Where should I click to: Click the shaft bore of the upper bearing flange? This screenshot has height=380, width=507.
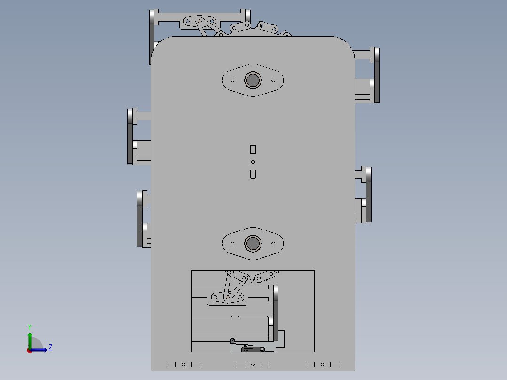click(x=253, y=80)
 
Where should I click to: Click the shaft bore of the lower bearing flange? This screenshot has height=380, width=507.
click(x=253, y=243)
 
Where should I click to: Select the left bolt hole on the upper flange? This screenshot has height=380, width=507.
click(x=233, y=80)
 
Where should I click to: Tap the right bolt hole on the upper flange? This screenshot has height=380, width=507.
click(x=273, y=80)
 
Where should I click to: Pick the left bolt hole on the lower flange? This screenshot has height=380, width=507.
click(x=233, y=243)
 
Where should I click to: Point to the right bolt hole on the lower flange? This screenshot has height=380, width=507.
click(x=273, y=243)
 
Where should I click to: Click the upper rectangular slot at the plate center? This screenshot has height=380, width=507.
click(x=253, y=150)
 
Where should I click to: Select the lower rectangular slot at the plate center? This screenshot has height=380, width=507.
click(x=253, y=174)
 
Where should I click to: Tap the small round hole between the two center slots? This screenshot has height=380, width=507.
click(x=253, y=162)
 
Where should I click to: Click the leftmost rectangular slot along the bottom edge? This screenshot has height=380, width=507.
click(x=171, y=364)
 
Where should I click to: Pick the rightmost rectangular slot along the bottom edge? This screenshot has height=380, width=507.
click(x=334, y=364)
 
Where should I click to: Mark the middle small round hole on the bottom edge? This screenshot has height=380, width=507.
click(x=253, y=364)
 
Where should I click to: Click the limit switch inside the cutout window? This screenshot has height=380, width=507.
click(x=246, y=348)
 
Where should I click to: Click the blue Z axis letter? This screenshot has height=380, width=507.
click(x=50, y=348)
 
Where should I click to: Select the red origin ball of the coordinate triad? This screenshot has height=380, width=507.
click(x=30, y=350)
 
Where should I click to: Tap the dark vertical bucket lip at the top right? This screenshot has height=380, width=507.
click(x=377, y=75)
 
